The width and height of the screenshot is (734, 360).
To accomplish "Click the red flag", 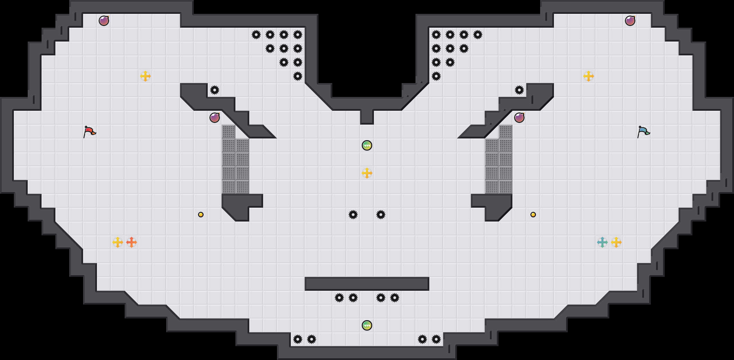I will pos(89,132).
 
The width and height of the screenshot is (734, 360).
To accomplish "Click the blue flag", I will pos(643,132).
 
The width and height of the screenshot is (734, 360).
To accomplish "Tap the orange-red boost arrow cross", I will pos(132,242).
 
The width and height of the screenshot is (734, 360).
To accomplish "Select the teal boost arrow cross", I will pos(602,242).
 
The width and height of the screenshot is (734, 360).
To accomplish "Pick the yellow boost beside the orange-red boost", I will pos(118,242).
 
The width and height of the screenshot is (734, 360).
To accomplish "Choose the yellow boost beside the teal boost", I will pos(616,242).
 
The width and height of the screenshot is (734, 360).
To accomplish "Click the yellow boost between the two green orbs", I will pos(367,173).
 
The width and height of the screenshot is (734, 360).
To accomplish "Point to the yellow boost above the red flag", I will pos(145,76).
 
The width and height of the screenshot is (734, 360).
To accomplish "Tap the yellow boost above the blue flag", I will pos(589,76).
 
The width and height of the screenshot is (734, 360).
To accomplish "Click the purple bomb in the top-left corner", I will pos(104,21).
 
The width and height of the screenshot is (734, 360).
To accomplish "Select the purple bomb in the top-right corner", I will pos(630,21).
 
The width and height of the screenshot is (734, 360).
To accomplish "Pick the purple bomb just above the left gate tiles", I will pos(215,118).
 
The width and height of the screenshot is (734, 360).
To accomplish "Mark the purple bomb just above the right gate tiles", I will pos(519,118).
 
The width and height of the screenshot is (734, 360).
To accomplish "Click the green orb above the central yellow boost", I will pos(367,145).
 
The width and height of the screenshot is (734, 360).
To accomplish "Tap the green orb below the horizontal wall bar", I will pos(367,325).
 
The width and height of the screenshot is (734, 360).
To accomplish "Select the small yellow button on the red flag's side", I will pos(201,215).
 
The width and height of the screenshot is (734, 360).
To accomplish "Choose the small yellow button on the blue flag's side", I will pos(533,215).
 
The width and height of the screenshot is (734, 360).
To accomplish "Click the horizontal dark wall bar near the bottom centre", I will pos(367,284).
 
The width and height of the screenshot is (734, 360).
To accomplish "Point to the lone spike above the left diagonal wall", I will pos(215,90).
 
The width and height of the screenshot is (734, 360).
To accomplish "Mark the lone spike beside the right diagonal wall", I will pos(519,90).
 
